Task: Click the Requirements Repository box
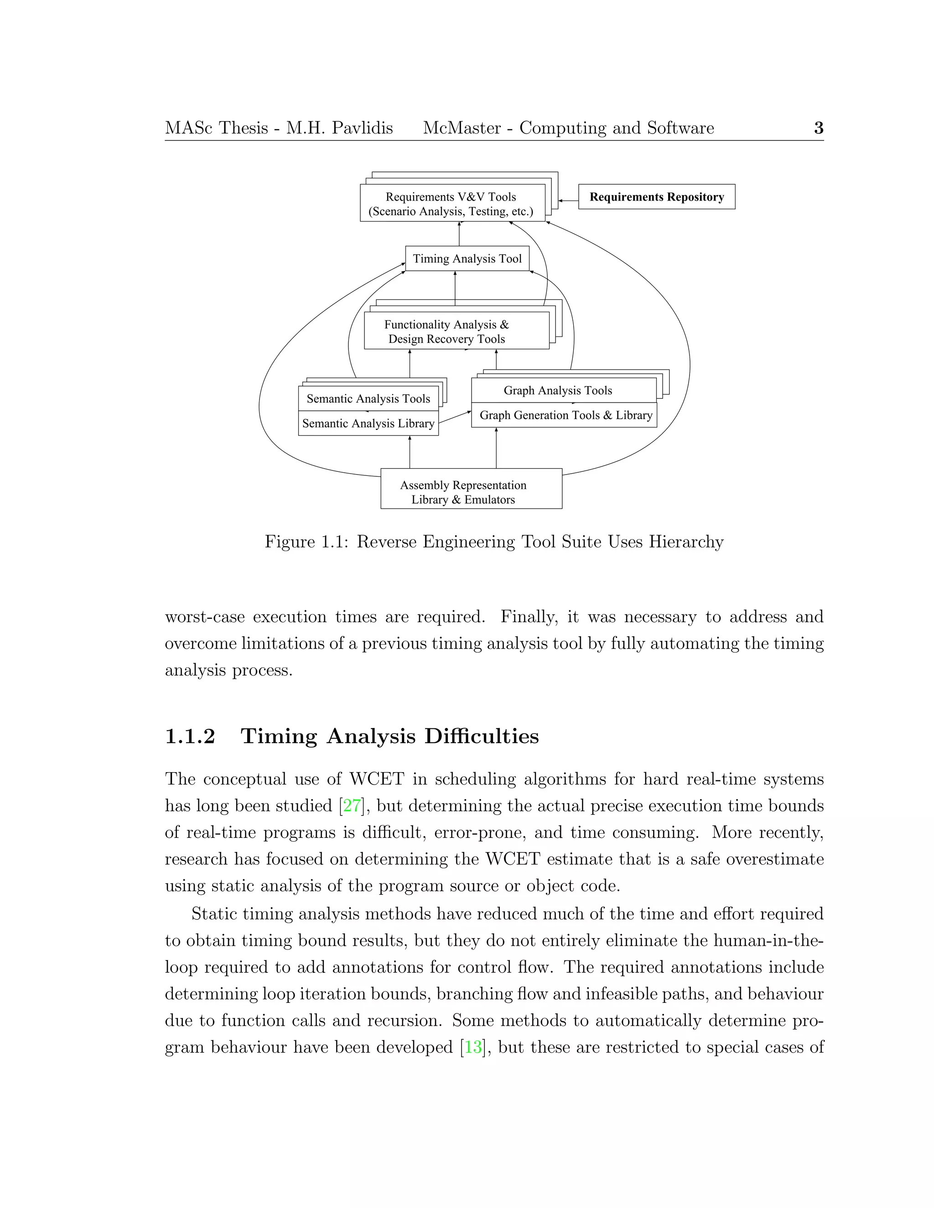(x=656, y=197)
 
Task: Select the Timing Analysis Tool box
(x=467, y=258)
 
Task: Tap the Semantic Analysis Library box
(x=368, y=423)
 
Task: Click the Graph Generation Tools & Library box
(x=566, y=415)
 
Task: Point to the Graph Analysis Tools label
(x=558, y=391)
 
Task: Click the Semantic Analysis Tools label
(x=368, y=399)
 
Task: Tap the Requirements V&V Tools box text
(x=451, y=204)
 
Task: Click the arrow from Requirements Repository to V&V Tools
(x=568, y=201)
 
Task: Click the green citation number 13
(x=472, y=1047)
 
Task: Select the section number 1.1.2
(x=190, y=736)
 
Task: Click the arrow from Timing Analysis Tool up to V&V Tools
(x=459, y=234)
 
